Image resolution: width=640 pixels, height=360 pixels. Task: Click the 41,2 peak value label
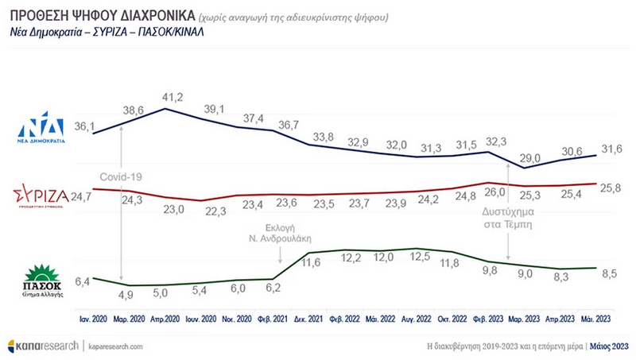(x=173, y=97)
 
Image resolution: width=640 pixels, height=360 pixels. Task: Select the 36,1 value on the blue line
(x=84, y=126)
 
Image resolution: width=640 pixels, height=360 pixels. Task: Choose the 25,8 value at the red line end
(x=608, y=188)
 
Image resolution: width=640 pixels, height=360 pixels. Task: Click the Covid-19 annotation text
(x=119, y=177)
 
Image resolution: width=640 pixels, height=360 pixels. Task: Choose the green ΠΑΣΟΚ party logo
(x=41, y=277)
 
